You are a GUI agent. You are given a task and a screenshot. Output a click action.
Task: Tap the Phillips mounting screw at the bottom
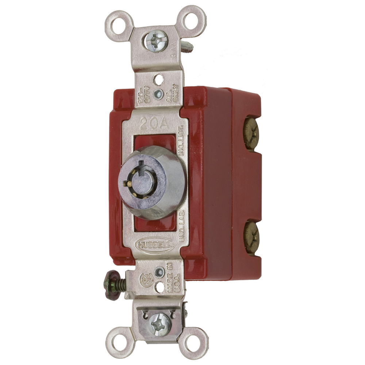[x=160, y=322]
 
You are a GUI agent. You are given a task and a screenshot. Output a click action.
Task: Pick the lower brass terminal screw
[x=251, y=237]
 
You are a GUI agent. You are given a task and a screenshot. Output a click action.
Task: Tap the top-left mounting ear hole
[x=119, y=26]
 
